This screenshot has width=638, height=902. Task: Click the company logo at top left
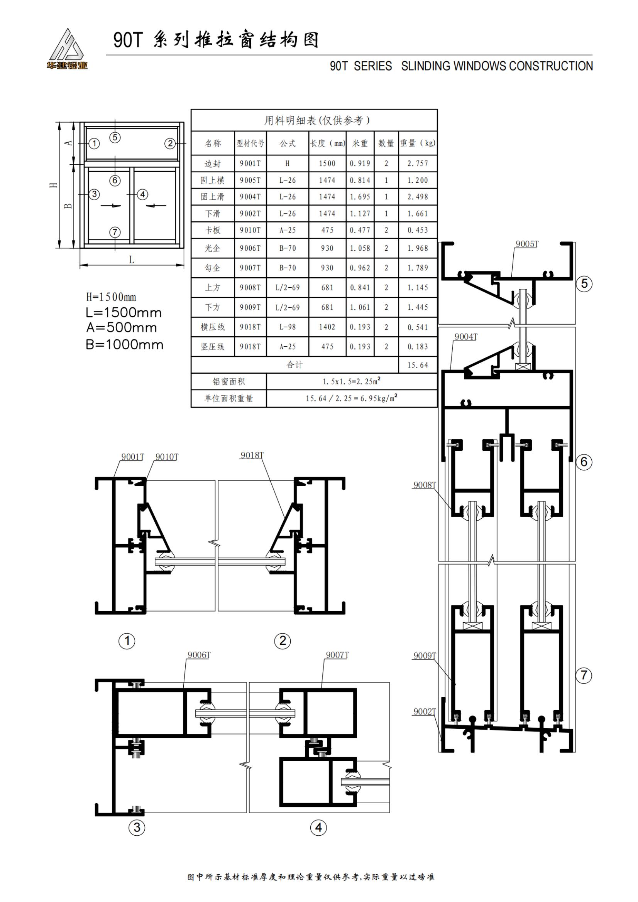point(66,49)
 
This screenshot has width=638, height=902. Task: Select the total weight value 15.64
point(418,365)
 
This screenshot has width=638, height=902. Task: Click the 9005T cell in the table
point(250,180)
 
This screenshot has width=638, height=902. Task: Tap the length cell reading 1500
point(327,164)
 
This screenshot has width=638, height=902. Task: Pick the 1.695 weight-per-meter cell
point(360,197)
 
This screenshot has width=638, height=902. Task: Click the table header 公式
point(288,143)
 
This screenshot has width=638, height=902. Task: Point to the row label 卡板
point(213,230)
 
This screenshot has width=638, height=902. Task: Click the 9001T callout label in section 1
point(132,457)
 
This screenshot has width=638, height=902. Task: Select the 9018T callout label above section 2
point(252,455)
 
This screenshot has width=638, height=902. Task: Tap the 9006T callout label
point(199,655)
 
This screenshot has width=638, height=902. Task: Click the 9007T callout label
point(337,655)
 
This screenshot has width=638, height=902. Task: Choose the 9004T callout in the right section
point(466,337)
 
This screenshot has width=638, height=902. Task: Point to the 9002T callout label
point(425,711)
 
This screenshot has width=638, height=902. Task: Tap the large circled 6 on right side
point(584,462)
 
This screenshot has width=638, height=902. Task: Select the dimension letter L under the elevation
point(132,260)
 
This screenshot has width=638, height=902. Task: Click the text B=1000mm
point(124,345)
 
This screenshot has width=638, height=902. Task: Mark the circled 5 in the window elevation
point(115,137)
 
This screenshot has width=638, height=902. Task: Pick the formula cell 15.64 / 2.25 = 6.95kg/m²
point(352,398)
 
